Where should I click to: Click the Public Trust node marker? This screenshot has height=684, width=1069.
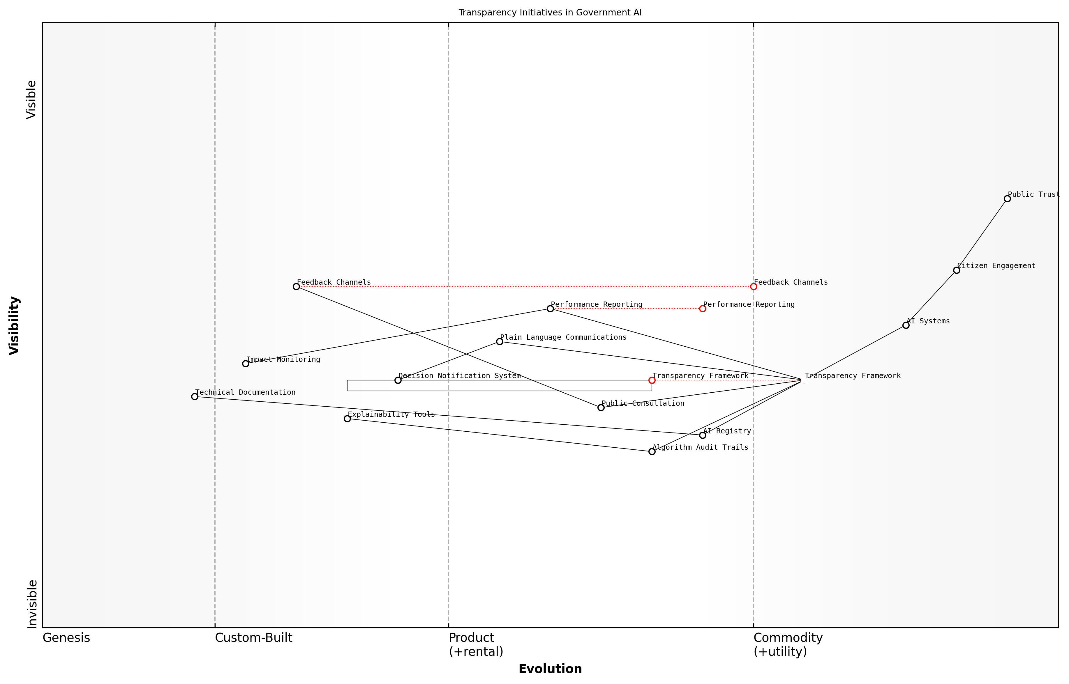point(1007,199)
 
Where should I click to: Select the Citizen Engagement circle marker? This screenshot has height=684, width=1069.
point(957,270)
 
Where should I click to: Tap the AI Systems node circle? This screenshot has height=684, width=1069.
point(906,325)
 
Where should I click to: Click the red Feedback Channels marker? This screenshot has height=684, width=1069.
point(754,286)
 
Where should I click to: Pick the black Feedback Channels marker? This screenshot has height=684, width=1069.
point(297,286)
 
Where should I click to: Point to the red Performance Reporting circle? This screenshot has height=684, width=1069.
point(703,309)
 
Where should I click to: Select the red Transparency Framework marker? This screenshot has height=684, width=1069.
point(652,380)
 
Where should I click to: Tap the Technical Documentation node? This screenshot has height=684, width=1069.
point(195,397)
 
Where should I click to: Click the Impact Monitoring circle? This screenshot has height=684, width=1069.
point(246,364)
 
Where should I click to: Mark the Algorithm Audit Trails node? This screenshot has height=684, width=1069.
point(652,452)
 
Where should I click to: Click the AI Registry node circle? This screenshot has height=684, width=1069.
point(703,435)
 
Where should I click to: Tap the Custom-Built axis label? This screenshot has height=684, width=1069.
point(253,638)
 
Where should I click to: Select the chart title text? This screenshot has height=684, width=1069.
point(550,13)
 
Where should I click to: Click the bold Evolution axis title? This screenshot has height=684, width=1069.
point(550,669)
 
